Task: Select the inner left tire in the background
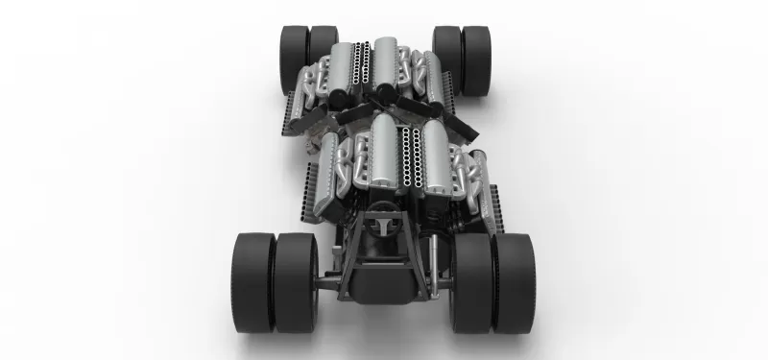click(323, 56)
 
